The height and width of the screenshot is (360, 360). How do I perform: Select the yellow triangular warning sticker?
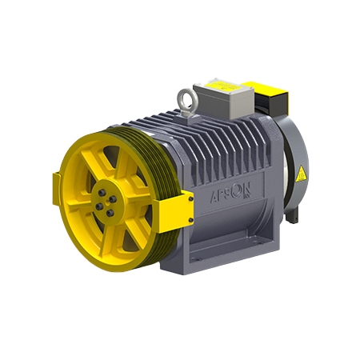pyautogui.click(x=301, y=174)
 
